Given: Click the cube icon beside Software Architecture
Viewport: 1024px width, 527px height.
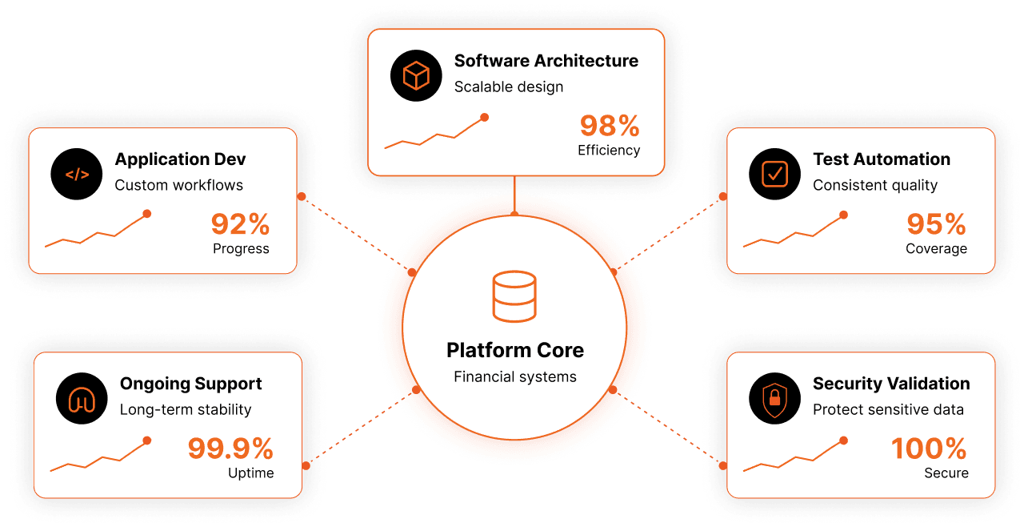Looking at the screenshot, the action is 416,75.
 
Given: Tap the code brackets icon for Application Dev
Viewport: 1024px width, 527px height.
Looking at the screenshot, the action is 77,174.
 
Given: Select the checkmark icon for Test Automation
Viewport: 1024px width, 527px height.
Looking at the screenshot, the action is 775,174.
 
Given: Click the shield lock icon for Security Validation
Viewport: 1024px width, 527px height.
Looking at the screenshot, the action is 775,398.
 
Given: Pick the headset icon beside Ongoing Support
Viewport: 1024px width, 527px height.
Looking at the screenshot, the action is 82,398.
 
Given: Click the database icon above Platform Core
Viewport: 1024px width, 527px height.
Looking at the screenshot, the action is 514,296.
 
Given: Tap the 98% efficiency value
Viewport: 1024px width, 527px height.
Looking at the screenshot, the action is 610,126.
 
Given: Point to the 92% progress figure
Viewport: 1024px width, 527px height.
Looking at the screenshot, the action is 240,224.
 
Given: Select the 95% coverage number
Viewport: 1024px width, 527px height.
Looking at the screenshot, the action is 936,224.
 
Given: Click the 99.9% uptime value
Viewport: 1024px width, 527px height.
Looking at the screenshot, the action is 230,449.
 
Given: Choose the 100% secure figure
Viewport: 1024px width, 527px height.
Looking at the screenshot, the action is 929,449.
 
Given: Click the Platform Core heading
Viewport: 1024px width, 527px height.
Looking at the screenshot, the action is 515,351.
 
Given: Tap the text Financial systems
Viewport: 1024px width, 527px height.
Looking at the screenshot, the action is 515,376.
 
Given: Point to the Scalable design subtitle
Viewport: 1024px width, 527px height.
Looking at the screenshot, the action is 509,87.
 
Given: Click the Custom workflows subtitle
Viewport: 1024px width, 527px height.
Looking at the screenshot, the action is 178,185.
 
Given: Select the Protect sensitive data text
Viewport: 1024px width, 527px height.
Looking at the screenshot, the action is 888,409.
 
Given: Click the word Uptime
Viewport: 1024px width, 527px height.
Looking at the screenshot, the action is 251,473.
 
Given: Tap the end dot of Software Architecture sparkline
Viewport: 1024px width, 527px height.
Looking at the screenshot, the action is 485,118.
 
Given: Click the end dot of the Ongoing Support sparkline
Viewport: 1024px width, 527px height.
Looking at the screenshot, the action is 146,441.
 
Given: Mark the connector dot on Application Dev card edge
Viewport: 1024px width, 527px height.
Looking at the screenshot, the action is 302,196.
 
